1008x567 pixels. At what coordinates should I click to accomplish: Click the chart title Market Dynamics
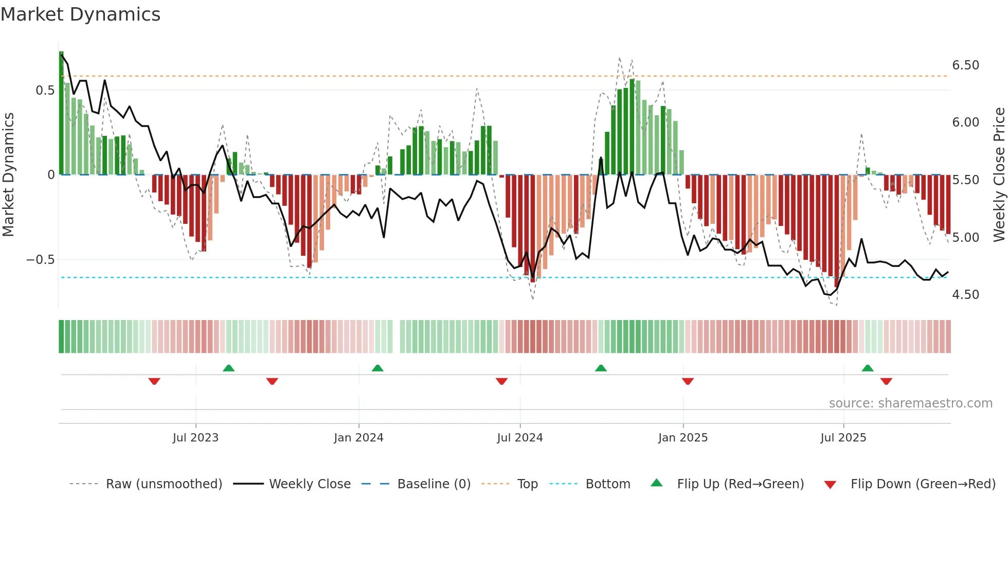81,14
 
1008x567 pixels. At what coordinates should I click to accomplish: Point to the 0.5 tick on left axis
45,91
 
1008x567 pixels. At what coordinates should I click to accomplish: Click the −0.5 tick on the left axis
41,260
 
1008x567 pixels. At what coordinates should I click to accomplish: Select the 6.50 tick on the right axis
965,65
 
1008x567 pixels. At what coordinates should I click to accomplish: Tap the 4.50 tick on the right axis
965,295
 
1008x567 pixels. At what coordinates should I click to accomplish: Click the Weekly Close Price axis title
999,175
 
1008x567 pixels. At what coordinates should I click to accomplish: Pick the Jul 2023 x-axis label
195,438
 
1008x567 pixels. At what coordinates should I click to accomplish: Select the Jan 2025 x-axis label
683,438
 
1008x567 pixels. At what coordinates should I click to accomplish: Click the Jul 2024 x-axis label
520,438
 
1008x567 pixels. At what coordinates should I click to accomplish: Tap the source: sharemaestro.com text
911,403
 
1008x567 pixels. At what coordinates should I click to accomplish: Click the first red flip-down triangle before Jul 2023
154,381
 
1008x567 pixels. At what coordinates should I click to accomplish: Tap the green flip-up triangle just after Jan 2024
377,368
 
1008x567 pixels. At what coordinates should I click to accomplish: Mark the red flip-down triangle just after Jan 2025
688,381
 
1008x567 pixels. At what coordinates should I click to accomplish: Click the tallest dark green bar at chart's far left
61,113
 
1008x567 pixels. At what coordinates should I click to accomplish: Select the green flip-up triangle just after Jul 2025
868,368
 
